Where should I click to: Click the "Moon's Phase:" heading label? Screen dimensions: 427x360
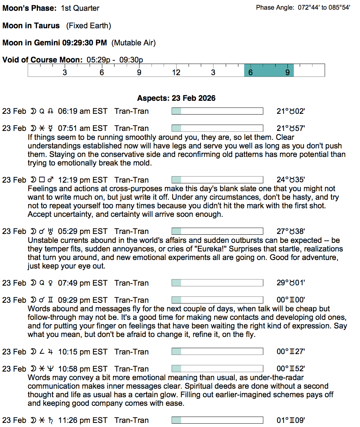pos(30,8)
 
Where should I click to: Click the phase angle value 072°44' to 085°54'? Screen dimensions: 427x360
pos(324,7)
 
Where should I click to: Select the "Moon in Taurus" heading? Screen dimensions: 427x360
pos(31,26)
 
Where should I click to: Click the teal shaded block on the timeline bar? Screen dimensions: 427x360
pos(269,70)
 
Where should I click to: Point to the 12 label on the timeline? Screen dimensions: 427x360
pos(176,72)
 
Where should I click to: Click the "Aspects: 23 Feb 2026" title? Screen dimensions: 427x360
pos(176,98)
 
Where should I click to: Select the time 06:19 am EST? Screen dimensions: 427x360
pos(83,111)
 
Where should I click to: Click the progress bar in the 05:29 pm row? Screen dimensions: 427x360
pos(217,231)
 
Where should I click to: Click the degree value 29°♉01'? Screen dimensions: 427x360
pos(291,283)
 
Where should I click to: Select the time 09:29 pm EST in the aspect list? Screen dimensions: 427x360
pos(83,300)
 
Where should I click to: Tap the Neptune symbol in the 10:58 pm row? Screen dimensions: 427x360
pos(51,369)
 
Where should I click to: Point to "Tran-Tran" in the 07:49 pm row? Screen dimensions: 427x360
pos(132,283)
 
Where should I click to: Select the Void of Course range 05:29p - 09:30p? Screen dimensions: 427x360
pos(115,60)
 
